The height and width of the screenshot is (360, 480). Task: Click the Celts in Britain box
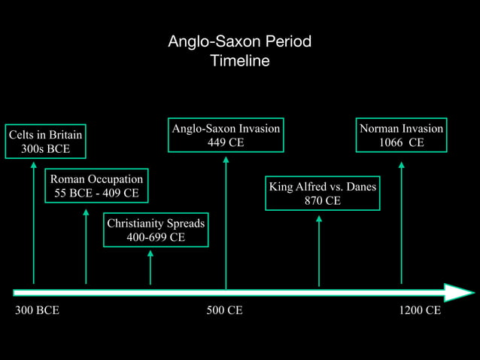[45, 142]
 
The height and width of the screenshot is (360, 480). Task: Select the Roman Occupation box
[96, 186]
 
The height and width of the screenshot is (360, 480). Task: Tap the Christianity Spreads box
[156, 230]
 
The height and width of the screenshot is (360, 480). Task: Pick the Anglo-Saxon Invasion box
[226, 136]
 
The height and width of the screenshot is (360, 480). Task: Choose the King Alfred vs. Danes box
[322, 194]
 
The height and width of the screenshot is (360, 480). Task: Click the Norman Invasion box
[401, 136]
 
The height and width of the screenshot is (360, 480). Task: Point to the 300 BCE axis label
[38, 310]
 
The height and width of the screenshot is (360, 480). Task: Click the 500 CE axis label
[224, 310]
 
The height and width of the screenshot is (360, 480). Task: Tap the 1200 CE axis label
[420, 310]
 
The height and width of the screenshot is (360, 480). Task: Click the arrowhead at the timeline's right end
[459, 292]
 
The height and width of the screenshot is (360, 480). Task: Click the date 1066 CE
[401, 143]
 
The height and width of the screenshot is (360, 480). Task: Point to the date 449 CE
[226, 143]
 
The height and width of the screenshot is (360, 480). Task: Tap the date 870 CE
[322, 201]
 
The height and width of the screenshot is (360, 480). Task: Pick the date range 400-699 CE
[156, 238]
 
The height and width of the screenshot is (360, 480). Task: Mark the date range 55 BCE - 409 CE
[96, 194]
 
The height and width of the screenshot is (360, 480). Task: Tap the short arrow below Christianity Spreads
[150, 267]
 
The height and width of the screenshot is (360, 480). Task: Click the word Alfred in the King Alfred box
[312, 187]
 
